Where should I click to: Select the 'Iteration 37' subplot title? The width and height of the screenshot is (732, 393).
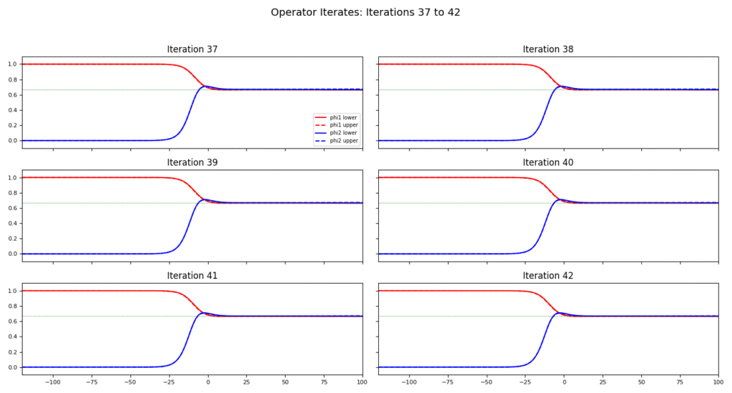(x=192, y=49)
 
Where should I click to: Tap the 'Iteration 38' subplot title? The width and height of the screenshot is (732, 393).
(x=548, y=49)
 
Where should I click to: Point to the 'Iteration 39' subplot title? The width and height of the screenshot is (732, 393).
(x=192, y=162)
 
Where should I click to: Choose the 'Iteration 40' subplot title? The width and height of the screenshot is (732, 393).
(x=548, y=162)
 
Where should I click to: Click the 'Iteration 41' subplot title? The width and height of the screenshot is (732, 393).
(x=192, y=275)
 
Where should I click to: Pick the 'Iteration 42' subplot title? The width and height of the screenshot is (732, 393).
(x=548, y=275)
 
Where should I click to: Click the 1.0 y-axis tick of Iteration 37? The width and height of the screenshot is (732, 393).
(x=11, y=64)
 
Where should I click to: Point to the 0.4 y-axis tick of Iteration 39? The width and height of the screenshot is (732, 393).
(x=11, y=224)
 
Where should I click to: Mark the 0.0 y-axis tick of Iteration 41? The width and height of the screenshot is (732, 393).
(x=11, y=367)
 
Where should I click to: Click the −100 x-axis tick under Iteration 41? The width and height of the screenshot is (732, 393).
(x=52, y=382)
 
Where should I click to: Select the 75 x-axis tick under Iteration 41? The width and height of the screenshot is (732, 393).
(x=323, y=382)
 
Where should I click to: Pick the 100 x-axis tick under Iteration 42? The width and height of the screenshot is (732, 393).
(x=717, y=382)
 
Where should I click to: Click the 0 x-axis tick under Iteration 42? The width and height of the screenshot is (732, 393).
(x=563, y=382)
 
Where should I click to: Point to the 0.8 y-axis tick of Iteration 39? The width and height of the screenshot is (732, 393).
(x=11, y=193)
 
